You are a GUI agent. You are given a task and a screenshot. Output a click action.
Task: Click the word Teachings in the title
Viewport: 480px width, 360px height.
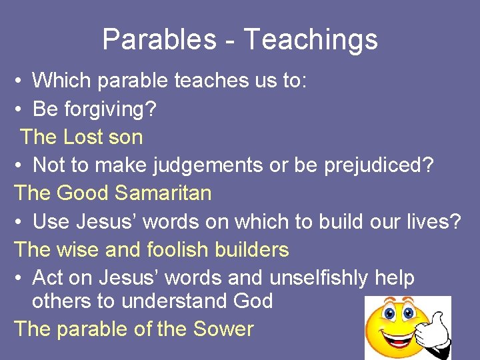(310, 39)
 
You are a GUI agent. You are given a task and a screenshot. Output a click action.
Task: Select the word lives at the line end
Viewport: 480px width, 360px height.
(436, 221)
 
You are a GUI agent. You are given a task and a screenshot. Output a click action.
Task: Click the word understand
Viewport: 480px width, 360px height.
(175, 301)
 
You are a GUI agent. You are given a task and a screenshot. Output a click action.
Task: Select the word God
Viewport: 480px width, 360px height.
(253, 301)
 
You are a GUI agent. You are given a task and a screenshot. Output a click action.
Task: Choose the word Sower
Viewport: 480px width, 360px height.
(223, 329)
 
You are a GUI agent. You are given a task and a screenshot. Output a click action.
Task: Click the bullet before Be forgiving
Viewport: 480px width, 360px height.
(20, 109)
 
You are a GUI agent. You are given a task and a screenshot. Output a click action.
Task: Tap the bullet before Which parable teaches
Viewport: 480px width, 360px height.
(20, 81)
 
